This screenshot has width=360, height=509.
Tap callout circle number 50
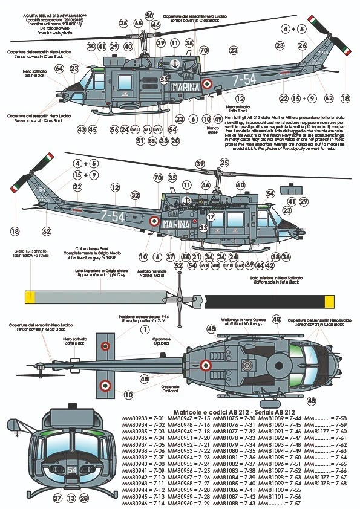149,16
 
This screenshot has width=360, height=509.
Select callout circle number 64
59,68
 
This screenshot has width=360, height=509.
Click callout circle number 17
211,217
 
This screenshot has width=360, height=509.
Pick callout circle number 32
135,195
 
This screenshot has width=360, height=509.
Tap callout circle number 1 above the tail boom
145,329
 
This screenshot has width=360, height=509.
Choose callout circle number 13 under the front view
72,498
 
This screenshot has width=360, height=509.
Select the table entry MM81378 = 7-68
332,484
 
